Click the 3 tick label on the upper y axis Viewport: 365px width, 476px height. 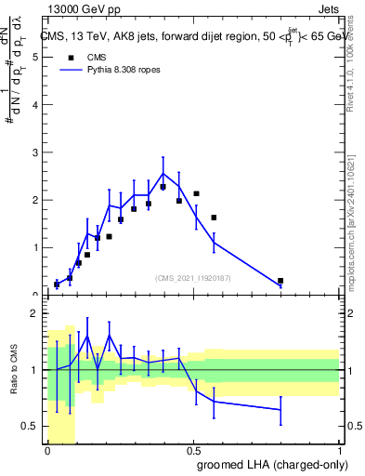click(34, 152)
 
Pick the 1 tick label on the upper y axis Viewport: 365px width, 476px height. click(34, 248)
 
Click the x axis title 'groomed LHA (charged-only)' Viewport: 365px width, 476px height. click(270, 464)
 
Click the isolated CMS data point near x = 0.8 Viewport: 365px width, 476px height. click(280, 281)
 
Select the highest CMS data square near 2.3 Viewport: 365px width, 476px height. click(163, 187)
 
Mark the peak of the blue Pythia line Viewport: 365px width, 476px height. click(163, 173)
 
